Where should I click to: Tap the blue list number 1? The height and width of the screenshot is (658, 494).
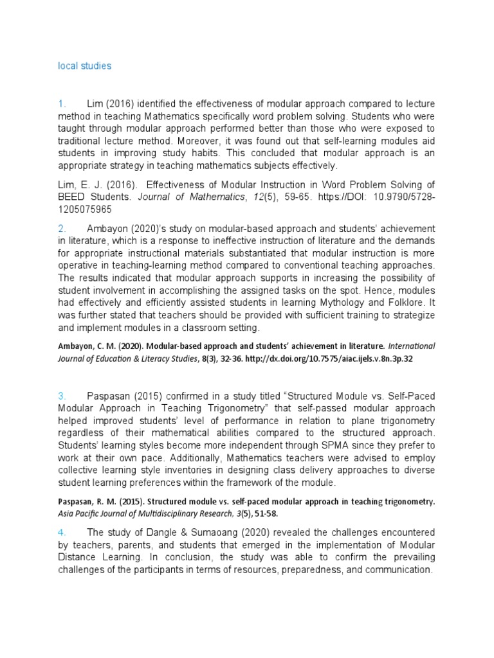click(x=62, y=103)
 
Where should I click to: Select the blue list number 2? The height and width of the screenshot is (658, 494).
click(x=62, y=229)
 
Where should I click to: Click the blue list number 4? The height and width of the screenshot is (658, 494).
click(x=62, y=532)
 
